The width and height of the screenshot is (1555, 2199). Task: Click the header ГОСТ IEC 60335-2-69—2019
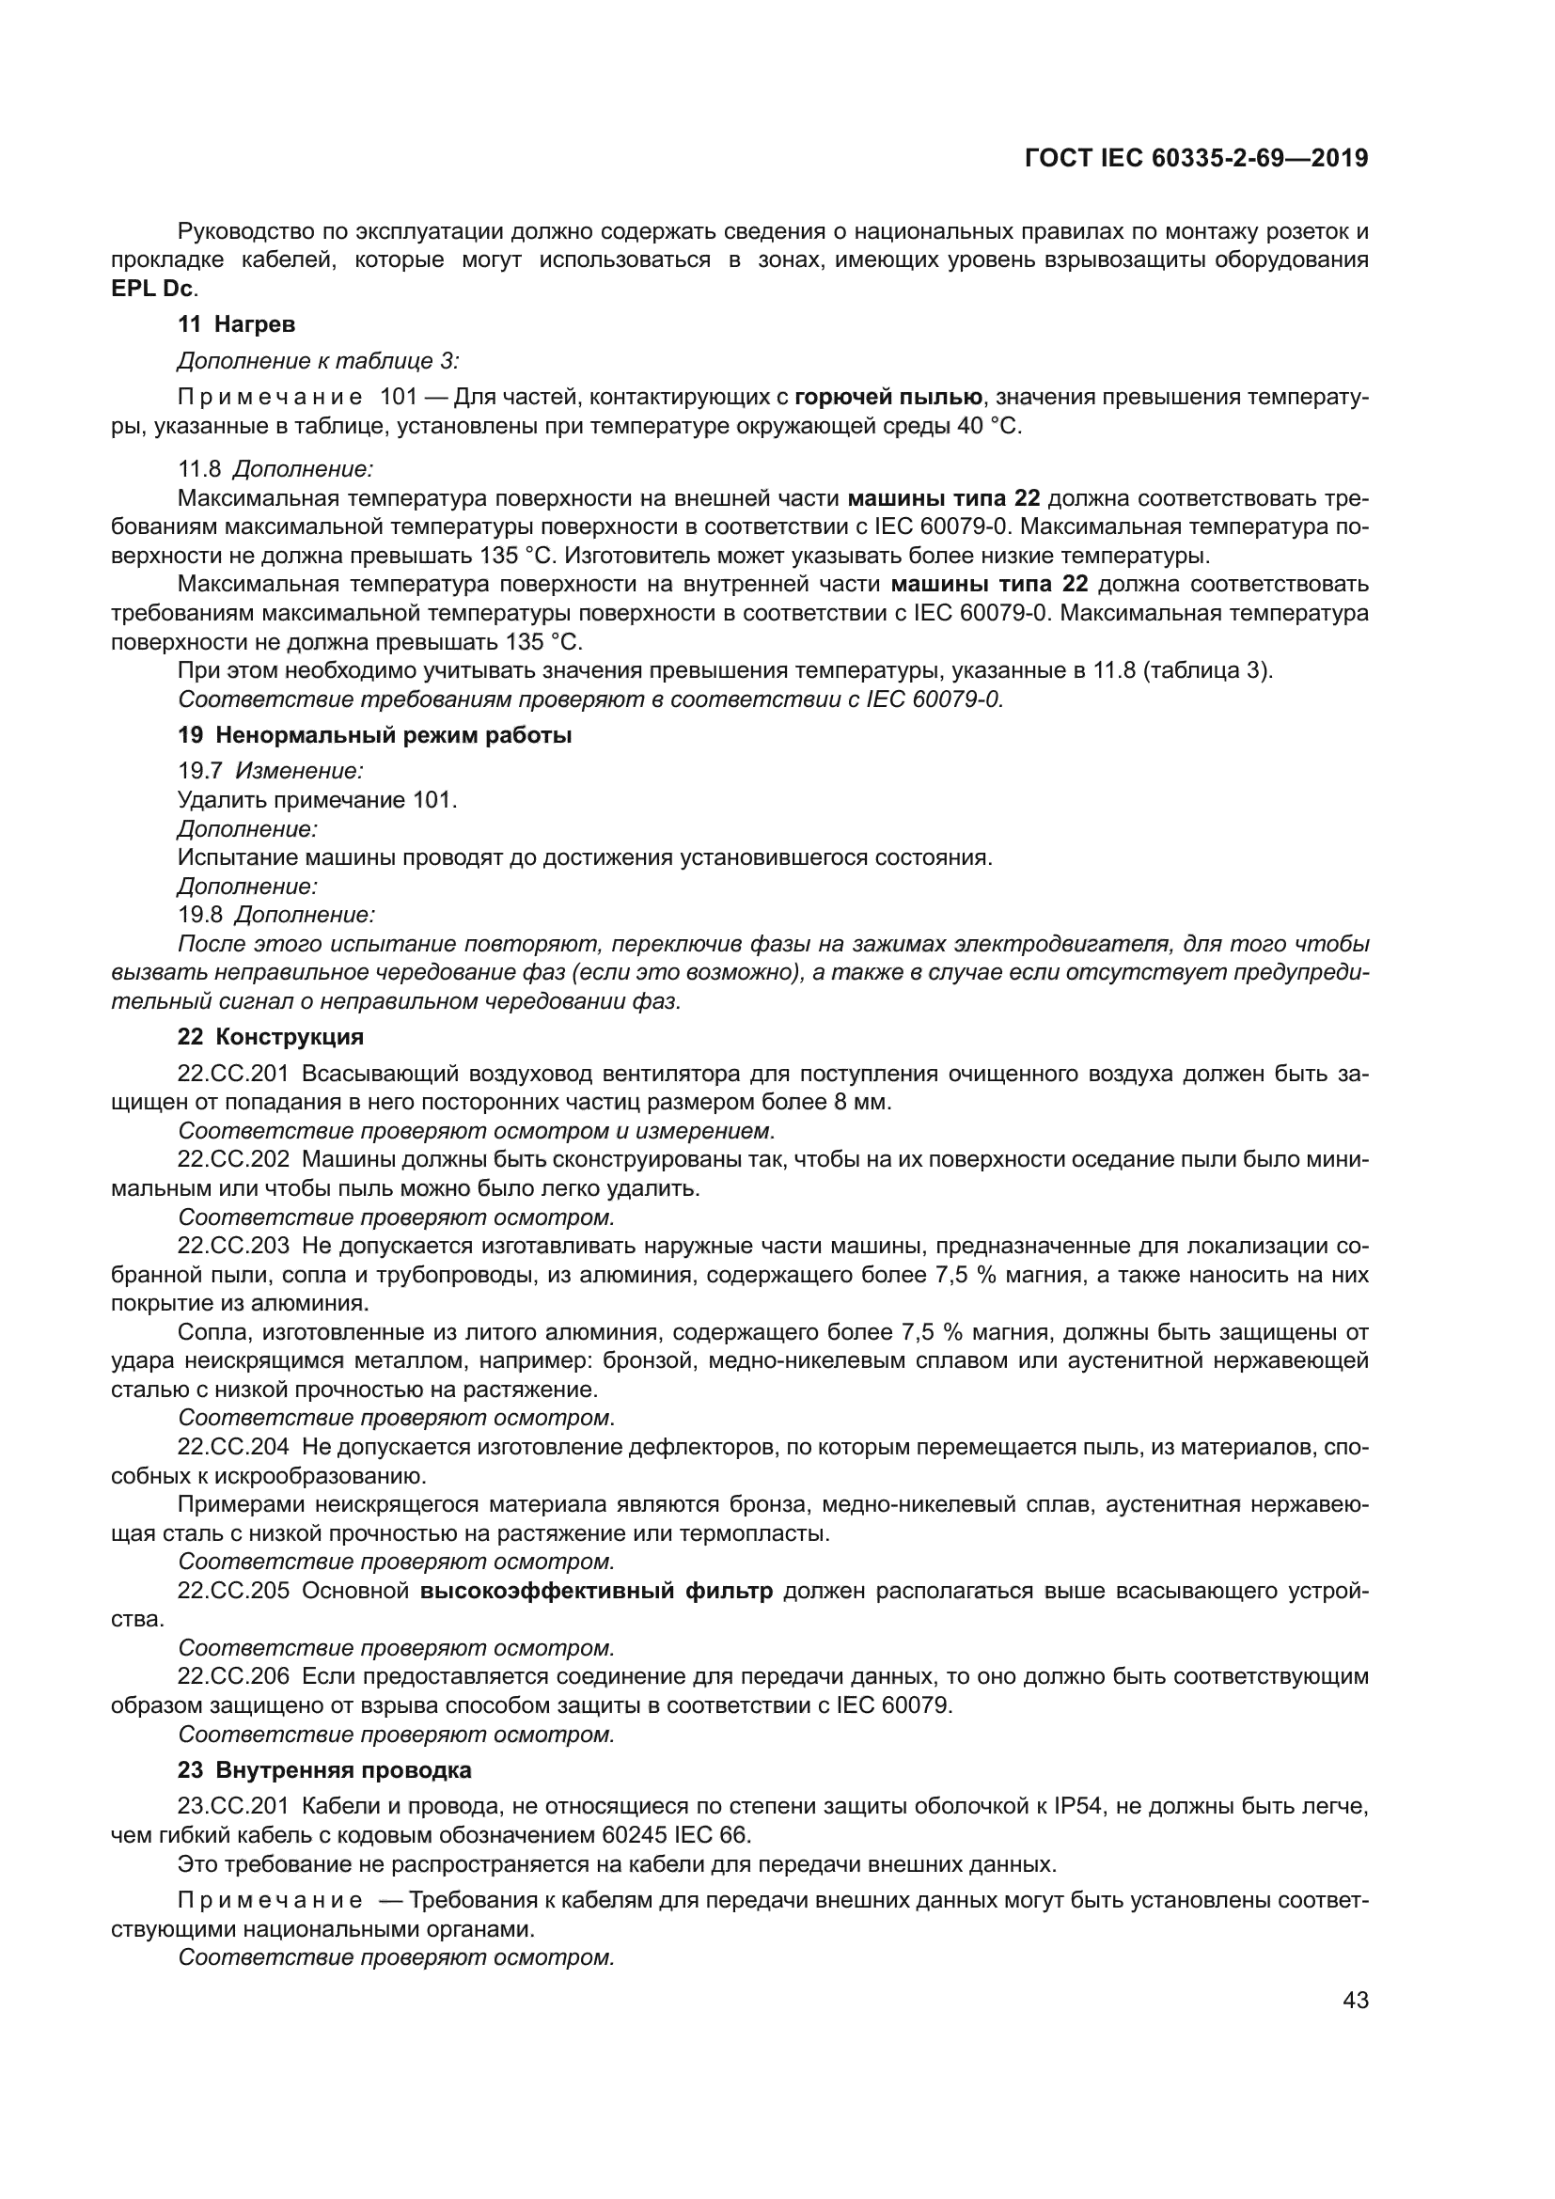(x=1196, y=158)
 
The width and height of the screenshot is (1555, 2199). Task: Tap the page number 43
(x=1355, y=2000)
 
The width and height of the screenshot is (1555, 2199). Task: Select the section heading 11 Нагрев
(x=237, y=323)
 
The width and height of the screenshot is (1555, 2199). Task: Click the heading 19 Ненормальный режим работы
(x=374, y=735)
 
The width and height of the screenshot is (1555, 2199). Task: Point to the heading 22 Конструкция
(x=270, y=1036)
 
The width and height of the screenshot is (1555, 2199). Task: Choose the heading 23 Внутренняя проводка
(x=323, y=1770)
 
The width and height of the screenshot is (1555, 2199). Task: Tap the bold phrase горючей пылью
(x=888, y=397)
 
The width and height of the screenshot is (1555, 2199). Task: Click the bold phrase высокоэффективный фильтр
(x=597, y=1591)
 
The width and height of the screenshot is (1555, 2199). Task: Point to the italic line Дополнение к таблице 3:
(x=318, y=360)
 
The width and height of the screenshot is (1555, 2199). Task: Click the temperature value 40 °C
(x=987, y=426)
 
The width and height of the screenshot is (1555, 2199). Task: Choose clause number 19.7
(x=199, y=770)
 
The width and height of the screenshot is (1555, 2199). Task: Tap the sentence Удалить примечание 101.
(x=317, y=799)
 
